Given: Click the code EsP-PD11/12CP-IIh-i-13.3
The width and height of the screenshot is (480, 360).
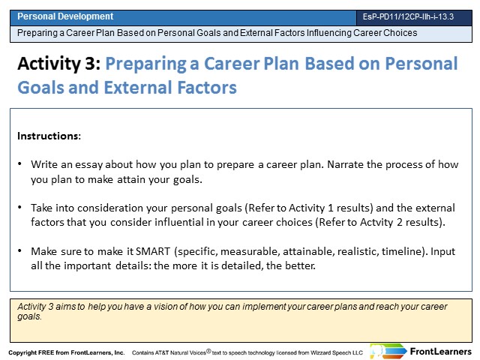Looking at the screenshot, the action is pyautogui.click(x=408, y=16).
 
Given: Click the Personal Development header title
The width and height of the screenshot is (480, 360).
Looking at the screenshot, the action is pyautogui.click(x=65, y=16).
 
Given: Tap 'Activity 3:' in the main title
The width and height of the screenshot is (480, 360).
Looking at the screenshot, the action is pyautogui.click(x=59, y=64).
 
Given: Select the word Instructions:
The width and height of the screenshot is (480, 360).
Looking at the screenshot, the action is pyautogui.click(x=49, y=136).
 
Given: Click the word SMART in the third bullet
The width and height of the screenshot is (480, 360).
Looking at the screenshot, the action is pyautogui.click(x=153, y=251).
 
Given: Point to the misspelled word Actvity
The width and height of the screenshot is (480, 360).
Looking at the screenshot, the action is pyautogui.click(x=376, y=222).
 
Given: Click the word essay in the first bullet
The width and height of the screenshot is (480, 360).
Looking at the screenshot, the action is pyautogui.click(x=88, y=165).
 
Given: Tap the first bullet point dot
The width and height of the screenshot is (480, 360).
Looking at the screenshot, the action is pyautogui.click(x=20, y=163).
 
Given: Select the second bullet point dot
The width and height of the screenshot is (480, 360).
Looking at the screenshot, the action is pyautogui.click(x=20, y=207).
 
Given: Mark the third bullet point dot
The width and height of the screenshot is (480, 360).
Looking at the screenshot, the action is pyautogui.click(x=20, y=250).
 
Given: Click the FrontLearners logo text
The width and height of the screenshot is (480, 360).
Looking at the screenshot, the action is pyautogui.click(x=440, y=352).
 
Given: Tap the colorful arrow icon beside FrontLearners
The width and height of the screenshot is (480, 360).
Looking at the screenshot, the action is pyautogui.click(x=388, y=351).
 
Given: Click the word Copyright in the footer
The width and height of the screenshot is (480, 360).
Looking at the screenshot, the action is pyautogui.click(x=22, y=352).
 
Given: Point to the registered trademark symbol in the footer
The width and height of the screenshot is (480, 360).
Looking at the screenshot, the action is pyautogui.click(x=208, y=351).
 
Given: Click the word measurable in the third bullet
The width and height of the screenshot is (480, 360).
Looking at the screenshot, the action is pyautogui.click(x=250, y=251).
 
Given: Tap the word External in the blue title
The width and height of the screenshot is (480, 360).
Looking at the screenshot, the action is pyautogui.click(x=138, y=88).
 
